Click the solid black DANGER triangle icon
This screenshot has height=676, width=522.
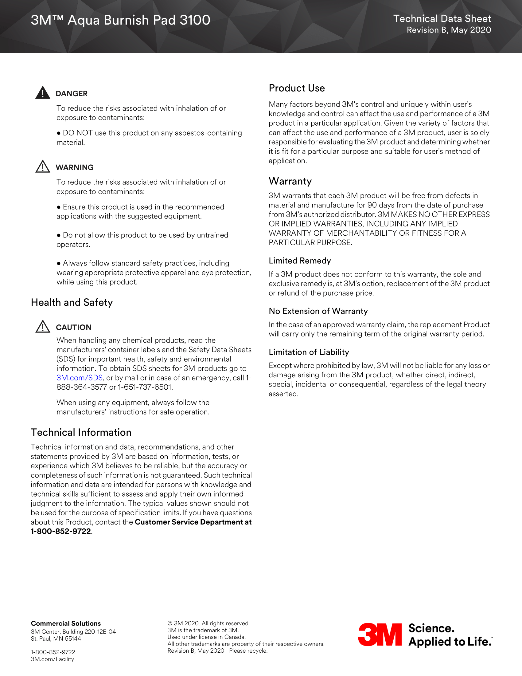click(x=43, y=92)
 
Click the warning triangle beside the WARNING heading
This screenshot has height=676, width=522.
click(x=43, y=167)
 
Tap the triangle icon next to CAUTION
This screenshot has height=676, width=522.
click(x=43, y=327)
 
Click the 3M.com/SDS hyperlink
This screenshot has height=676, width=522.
click(x=80, y=378)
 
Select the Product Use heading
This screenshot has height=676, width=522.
click(x=297, y=88)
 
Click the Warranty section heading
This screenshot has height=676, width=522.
click(x=290, y=181)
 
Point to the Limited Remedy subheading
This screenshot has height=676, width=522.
click(x=300, y=261)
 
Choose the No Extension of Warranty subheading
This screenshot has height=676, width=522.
click(x=318, y=311)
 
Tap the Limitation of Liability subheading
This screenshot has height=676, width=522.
click(x=309, y=352)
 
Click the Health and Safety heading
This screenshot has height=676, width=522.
click(x=72, y=302)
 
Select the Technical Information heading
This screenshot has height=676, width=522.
click(x=81, y=432)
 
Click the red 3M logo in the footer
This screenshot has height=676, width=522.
click(x=380, y=635)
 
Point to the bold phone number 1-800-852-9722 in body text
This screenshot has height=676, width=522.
click(x=60, y=532)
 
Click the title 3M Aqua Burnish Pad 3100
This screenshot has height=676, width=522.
click(x=120, y=20)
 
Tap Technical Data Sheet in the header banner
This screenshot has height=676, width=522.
click(x=442, y=18)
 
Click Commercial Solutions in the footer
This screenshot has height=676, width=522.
click(x=66, y=623)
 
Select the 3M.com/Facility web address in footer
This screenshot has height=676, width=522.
click(x=52, y=659)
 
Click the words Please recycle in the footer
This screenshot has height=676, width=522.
click(x=248, y=650)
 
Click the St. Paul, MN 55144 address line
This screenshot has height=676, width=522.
click(x=56, y=639)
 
